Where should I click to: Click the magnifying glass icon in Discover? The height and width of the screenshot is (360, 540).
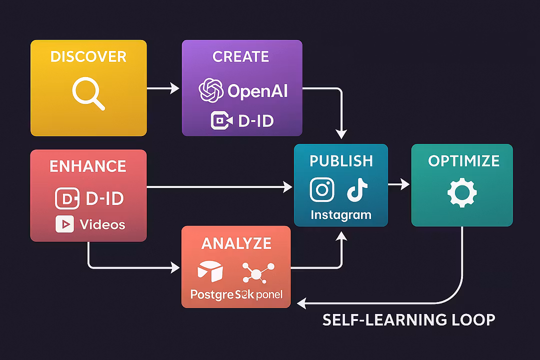coord(88,94)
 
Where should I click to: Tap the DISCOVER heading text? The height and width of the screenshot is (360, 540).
coord(88,56)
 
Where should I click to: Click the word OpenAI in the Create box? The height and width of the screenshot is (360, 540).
coord(257,91)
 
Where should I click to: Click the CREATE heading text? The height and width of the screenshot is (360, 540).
coord(241,56)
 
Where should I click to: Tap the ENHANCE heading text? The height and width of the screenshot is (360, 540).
coord(88,166)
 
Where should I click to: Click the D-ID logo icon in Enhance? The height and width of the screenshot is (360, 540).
coord(67,198)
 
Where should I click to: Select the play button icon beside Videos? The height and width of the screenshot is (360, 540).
coord(65,224)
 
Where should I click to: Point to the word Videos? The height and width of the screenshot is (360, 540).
coord(102,224)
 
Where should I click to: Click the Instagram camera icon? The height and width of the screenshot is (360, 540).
coord(322,189)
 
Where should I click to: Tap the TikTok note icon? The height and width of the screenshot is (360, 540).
coord(357,190)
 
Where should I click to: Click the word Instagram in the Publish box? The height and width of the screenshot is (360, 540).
coord(341,215)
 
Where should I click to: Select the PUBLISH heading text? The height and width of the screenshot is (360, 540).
coord(341,160)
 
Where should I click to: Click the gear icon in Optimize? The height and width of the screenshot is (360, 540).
coord(462,193)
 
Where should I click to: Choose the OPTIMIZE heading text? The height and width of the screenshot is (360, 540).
coord(463,160)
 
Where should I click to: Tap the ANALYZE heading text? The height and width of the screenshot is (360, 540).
coord(236,243)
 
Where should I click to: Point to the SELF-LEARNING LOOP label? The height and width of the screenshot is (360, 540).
coord(408,319)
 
